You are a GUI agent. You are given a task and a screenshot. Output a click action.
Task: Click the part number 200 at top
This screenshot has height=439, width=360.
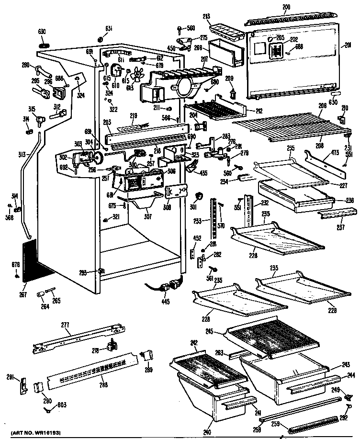coord(286,7)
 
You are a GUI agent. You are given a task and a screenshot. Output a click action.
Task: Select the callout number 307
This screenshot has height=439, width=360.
coord(147,216)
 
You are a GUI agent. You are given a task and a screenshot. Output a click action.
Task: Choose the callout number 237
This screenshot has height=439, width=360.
coord(340,227)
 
